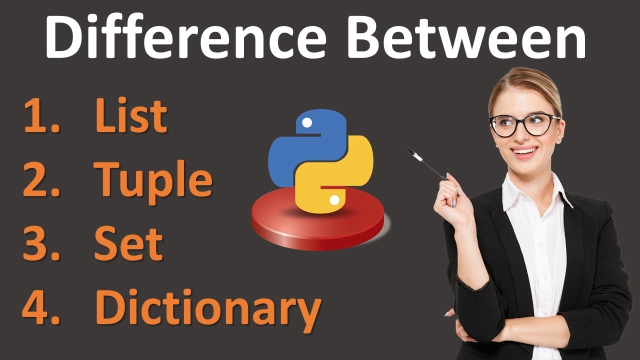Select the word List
click(x=131, y=116)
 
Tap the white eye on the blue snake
click(x=307, y=122)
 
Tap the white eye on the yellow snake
click(x=334, y=200)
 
